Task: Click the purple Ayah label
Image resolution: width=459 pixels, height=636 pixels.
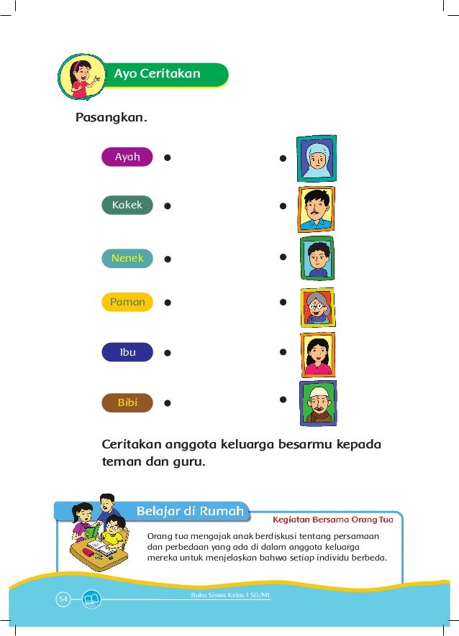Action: (x=127, y=157)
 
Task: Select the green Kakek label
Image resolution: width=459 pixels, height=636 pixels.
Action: (x=127, y=205)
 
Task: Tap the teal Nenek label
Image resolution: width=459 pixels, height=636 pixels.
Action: (x=127, y=258)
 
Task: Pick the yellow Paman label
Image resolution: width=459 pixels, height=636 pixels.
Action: (x=127, y=303)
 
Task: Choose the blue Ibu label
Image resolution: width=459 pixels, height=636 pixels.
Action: (x=127, y=353)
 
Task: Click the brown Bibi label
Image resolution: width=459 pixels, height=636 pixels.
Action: (x=127, y=403)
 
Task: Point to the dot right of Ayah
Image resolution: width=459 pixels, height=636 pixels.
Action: (x=167, y=157)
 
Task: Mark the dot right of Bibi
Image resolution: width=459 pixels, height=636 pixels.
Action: (x=167, y=404)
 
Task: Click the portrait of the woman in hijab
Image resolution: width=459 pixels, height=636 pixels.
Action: (x=316, y=159)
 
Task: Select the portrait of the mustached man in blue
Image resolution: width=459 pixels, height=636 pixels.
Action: (x=316, y=209)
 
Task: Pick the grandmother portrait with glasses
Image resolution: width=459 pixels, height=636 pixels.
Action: (x=316, y=307)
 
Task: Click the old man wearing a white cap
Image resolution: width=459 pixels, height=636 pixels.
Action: (x=317, y=403)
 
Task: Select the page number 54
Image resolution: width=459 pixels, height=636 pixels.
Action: (x=63, y=598)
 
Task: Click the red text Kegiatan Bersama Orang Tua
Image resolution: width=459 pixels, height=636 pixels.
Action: (x=332, y=518)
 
